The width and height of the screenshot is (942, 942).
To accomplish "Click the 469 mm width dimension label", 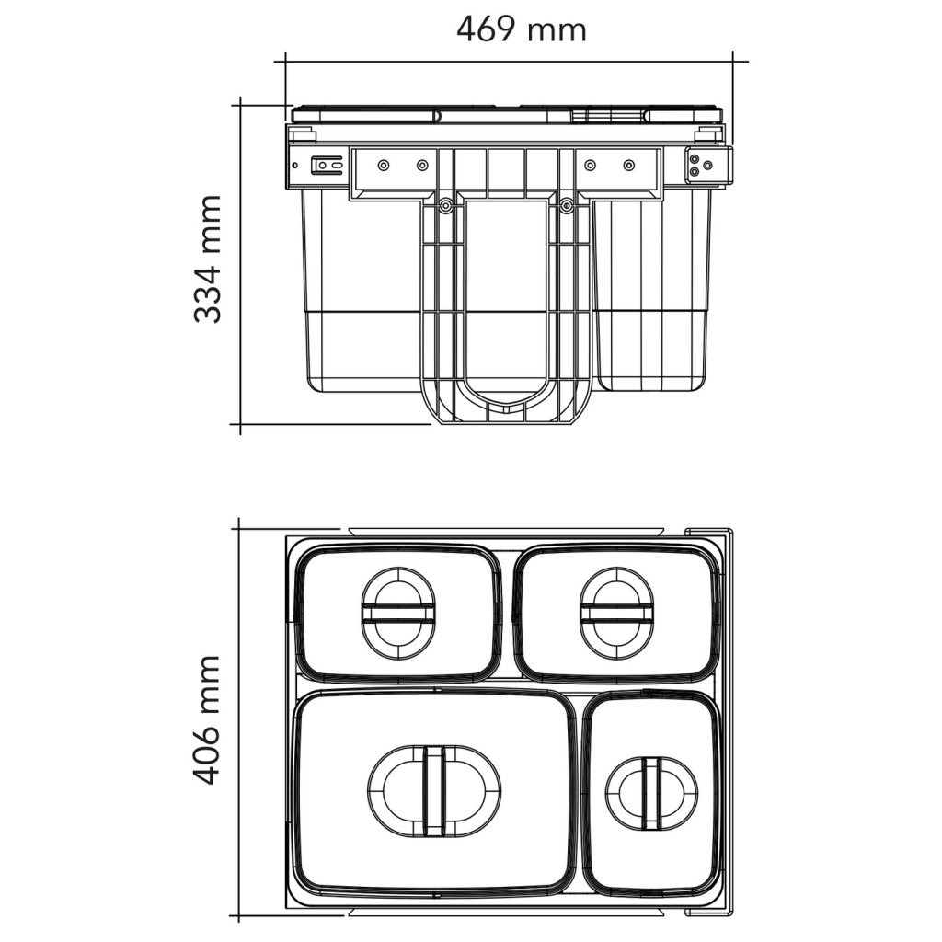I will point(521,29).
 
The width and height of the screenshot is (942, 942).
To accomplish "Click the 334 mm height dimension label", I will point(209,258).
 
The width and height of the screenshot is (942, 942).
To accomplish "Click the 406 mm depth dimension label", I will point(207,719).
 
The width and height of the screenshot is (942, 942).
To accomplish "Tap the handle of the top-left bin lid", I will point(398,614).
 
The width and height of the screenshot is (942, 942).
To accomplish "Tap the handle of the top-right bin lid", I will point(616,614).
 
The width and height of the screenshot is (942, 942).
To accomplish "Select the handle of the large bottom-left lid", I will point(434,791).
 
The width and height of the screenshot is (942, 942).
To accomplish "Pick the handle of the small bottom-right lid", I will point(651,793).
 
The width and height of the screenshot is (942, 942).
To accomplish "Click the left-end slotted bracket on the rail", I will point(326,166).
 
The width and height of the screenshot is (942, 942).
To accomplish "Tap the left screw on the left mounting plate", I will point(384,166).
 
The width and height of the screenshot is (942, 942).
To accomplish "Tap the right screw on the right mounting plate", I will point(629,166).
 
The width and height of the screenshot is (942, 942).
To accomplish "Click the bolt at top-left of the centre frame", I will point(445,207).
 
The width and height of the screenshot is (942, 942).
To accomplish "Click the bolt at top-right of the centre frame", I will point(567,207).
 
